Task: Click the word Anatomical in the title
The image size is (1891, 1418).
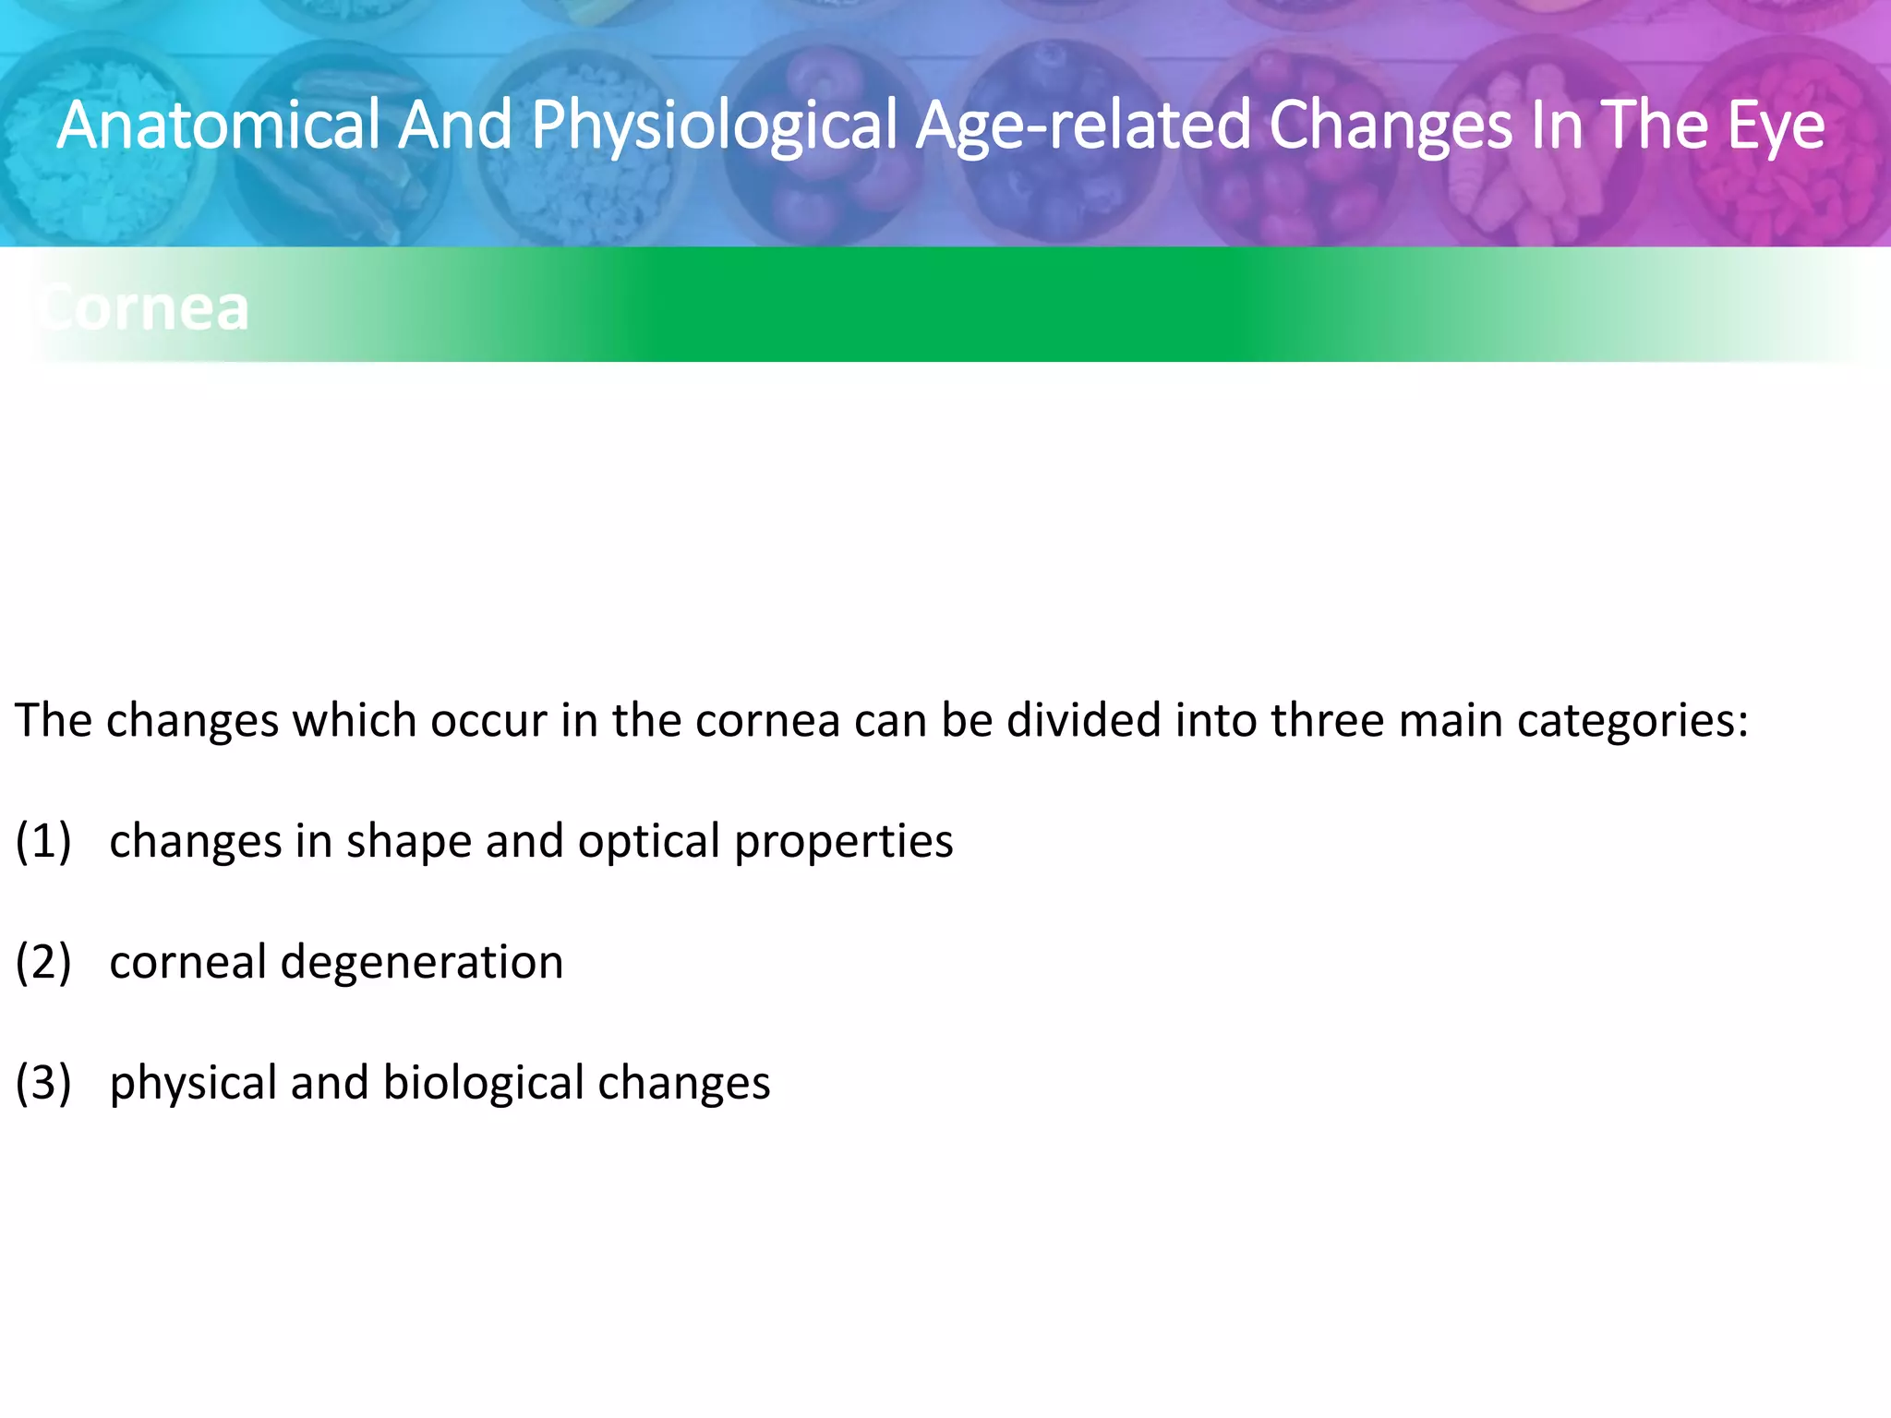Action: (218, 126)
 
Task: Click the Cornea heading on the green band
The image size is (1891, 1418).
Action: (143, 308)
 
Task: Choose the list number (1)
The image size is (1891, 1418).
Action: (43, 842)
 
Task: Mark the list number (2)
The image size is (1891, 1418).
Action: (43, 963)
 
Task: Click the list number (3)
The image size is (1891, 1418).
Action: (43, 1084)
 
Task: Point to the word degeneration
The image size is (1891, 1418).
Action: (422, 963)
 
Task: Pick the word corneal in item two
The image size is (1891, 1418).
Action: (187, 963)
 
